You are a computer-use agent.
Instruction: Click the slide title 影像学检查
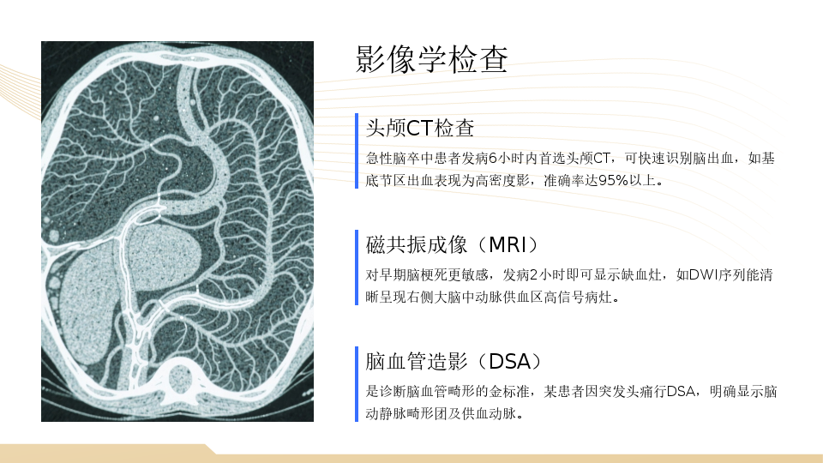(x=431, y=59)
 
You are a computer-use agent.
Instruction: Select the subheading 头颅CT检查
(x=420, y=128)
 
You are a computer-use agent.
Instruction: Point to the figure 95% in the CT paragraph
(x=613, y=181)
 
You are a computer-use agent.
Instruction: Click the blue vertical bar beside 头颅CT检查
(x=357, y=151)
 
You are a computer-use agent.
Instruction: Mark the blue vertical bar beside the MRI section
(x=357, y=268)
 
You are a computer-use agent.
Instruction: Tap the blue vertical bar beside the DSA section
(x=357, y=384)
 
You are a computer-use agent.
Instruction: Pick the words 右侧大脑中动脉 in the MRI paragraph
(x=454, y=298)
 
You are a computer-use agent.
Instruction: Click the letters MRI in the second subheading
(x=508, y=245)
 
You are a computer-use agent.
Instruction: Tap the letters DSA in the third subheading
(x=509, y=362)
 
